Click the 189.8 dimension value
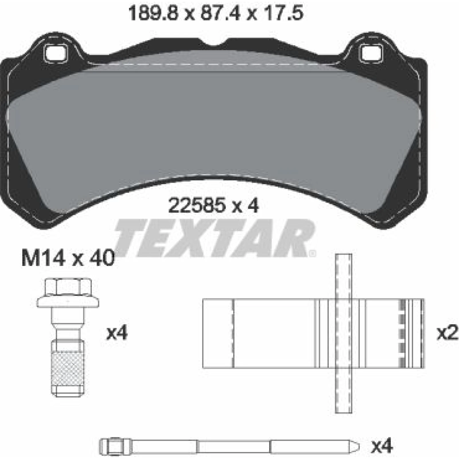coord(154,13)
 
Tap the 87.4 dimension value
coord(220,13)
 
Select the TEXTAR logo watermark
coord(214,238)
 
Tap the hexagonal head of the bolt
coord(68,287)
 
